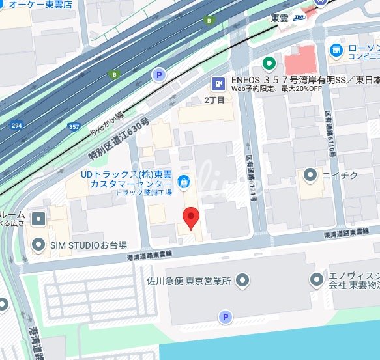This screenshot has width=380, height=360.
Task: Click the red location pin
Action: tap(190, 217)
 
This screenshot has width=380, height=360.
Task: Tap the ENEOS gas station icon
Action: tap(217, 84)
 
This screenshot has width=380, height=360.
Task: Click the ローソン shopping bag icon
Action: tap(336, 49)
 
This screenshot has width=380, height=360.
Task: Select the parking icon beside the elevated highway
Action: tap(158, 76)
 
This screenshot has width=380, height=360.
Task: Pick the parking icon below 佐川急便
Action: tap(226, 317)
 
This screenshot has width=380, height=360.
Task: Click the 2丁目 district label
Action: tap(214, 100)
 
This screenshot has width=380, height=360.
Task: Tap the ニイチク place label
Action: tap(340, 174)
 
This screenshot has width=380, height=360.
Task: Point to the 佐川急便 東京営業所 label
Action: tap(190, 281)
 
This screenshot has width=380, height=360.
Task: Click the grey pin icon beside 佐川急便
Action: tap(243, 281)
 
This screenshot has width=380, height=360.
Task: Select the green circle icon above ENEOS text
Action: tap(267, 64)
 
